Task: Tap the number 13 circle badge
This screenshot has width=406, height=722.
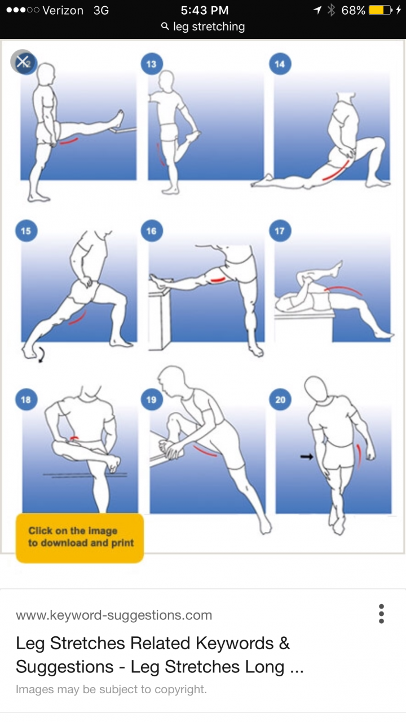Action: (152, 64)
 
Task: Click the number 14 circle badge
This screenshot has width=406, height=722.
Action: (280, 64)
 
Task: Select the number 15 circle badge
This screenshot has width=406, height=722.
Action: (26, 231)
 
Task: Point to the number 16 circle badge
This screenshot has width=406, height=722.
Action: (152, 231)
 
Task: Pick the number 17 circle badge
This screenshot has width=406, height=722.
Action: (280, 231)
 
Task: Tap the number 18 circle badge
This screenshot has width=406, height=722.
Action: (26, 400)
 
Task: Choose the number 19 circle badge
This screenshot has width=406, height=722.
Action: (152, 400)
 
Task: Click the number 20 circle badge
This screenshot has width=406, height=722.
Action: (280, 400)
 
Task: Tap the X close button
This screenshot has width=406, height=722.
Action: (23, 61)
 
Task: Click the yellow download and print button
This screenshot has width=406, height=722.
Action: (80, 538)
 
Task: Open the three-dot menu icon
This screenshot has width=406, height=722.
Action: (382, 614)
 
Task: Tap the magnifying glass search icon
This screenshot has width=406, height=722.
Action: (165, 27)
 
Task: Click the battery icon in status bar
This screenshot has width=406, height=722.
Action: (381, 10)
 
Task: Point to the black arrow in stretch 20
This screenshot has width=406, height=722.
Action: (306, 456)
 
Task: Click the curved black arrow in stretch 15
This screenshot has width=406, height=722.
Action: (41, 355)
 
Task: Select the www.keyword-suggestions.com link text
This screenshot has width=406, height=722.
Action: (114, 615)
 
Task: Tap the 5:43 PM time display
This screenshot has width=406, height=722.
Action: (205, 10)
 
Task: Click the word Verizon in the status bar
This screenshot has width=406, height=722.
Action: (63, 10)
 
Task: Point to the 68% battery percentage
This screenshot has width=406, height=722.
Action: (353, 10)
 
